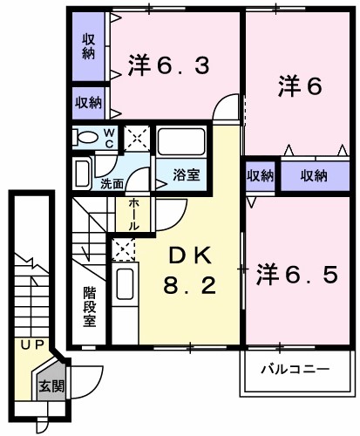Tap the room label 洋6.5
tap(296, 276)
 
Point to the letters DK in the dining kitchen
tap(189, 255)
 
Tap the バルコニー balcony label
tap(296, 370)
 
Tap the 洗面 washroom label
tap(112, 184)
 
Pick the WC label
tap(110, 138)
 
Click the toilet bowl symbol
tap(87, 138)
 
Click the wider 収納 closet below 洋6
tap(314, 175)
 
